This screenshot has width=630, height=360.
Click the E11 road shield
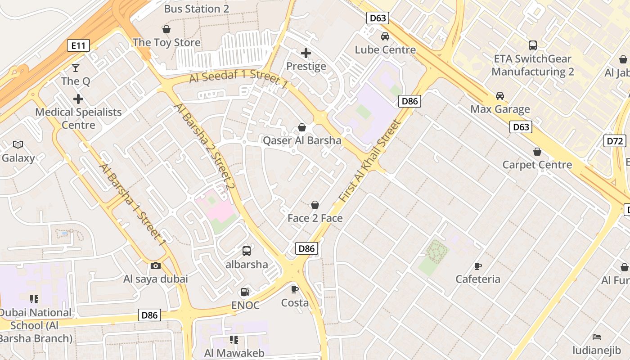(78, 45)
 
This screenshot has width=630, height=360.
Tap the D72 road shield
(614, 141)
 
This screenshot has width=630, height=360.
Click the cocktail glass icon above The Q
(76, 68)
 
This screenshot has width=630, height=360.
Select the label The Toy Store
(166, 43)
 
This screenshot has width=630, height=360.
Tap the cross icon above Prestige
(306, 54)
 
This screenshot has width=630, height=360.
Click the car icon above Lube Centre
(385, 36)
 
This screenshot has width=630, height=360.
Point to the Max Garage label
(500, 109)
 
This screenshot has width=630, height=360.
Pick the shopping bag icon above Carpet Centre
(537, 152)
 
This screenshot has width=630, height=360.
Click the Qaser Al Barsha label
(302, 140)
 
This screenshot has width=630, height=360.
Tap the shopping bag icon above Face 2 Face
(315, 205)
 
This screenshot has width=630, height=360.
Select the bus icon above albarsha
(247, 251)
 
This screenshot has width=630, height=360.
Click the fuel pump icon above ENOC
(245, 292)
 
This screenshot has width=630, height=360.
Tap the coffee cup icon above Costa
(295, 289)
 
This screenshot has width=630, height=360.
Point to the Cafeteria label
(478, 279)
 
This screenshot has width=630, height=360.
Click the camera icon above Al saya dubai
(156, 266)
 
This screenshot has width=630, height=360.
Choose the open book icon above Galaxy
(18, 144)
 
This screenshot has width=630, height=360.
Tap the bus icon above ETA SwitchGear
(533, 45)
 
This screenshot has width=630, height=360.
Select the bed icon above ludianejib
(597, 337)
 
